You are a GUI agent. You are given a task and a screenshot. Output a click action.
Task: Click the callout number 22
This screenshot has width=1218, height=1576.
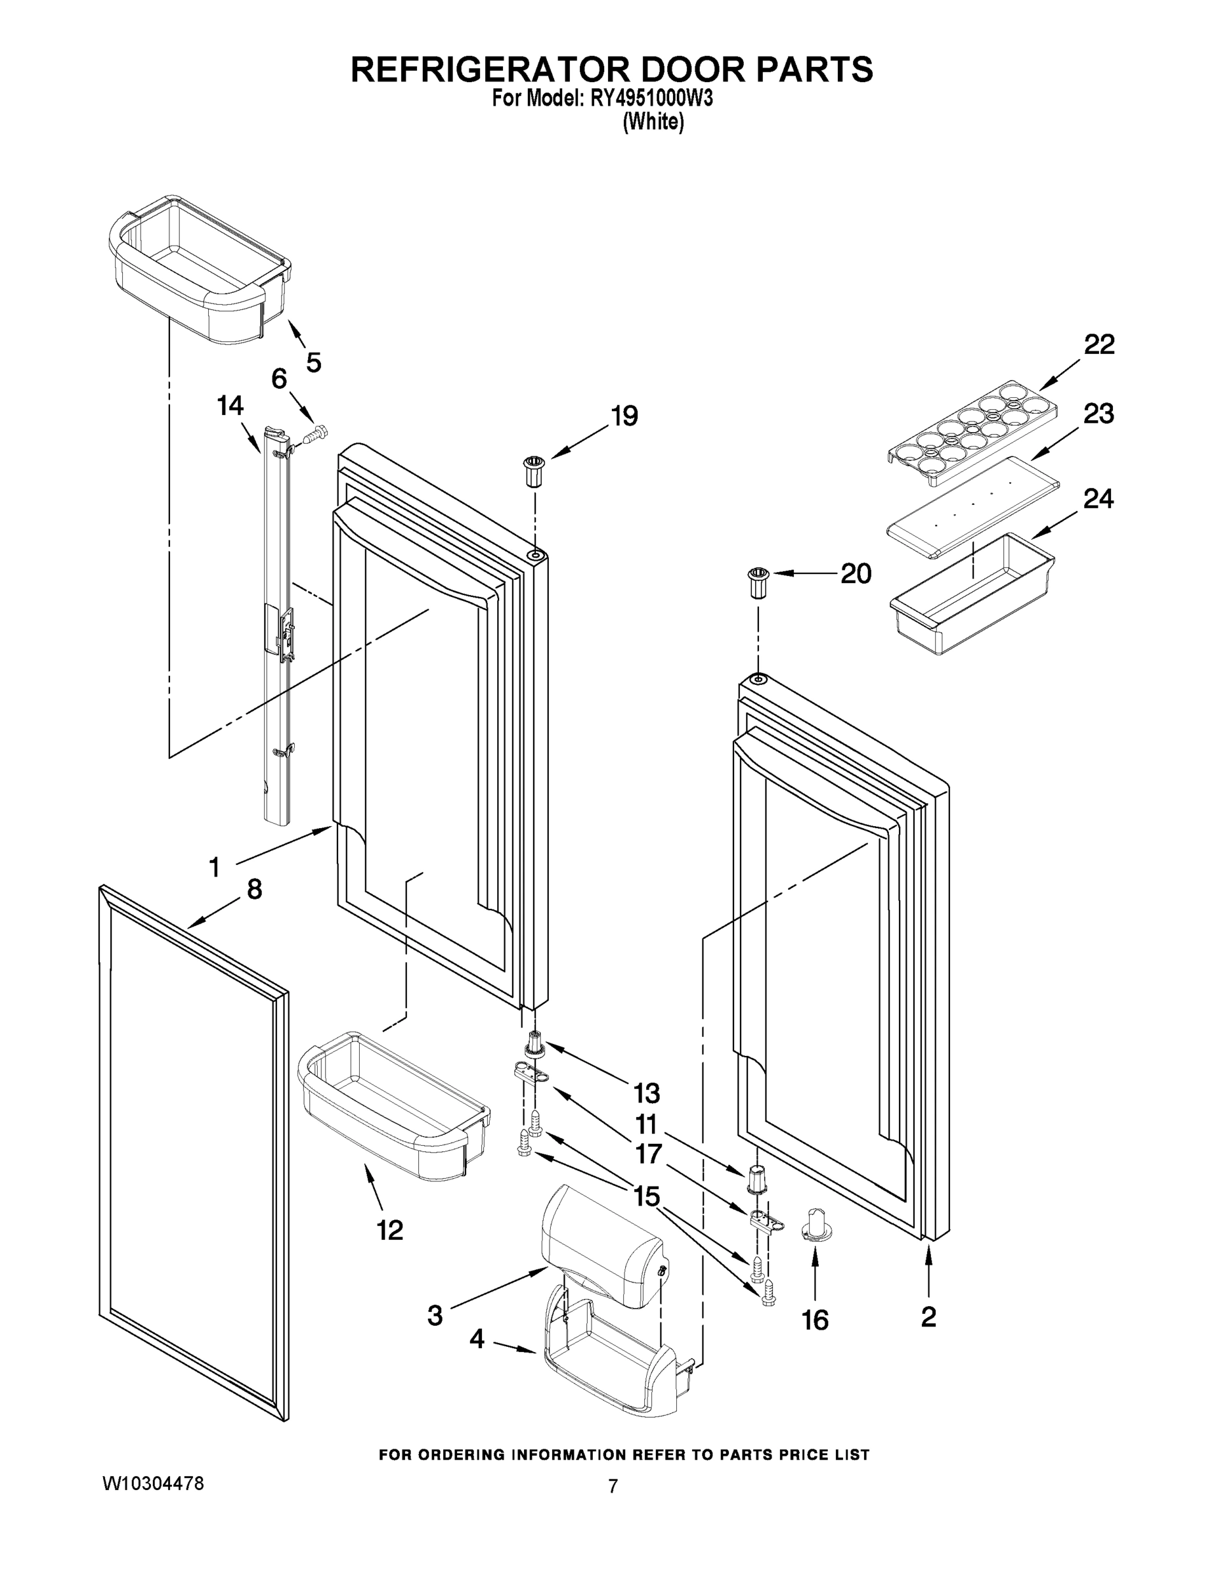point(1099,344)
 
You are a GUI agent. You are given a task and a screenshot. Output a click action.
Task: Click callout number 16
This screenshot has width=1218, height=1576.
point(815,1320)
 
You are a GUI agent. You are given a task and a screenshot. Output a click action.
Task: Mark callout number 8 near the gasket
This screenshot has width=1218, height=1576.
point(254,889)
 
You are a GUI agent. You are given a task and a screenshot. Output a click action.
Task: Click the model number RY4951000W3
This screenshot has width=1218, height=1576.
point(651,98)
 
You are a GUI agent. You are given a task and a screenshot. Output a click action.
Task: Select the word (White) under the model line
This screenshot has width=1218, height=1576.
point(653,122)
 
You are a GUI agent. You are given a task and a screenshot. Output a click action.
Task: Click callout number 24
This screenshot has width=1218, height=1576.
point(1097,498)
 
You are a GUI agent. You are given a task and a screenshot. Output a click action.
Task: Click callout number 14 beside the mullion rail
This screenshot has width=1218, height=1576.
point(230,406)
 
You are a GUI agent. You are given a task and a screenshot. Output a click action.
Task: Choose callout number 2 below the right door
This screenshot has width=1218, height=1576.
point(928,1316)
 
